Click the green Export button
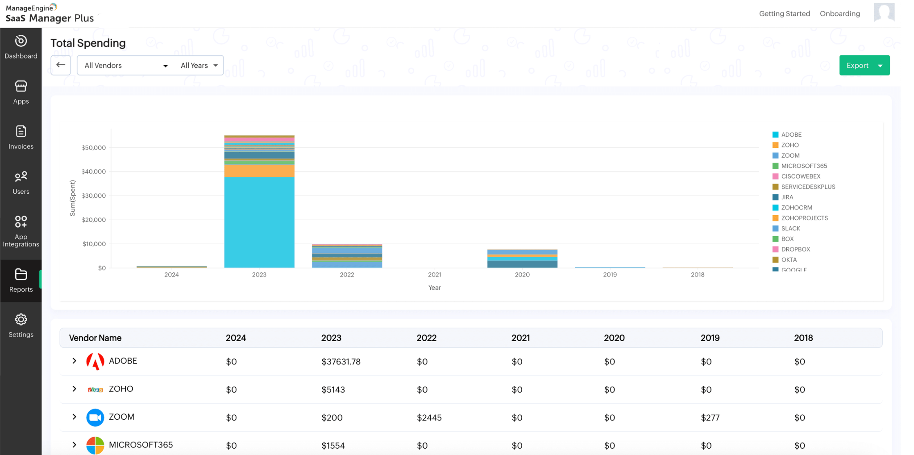(857, 66)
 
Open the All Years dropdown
(199, 66)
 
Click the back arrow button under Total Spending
(61, 65)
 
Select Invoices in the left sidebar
(21, 137)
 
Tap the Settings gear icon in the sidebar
(21, 320)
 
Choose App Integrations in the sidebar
(21, 231)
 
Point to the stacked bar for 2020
(522, 259)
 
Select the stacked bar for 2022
(347, 256)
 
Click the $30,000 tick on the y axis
(94, 196)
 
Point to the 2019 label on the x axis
(610, 275)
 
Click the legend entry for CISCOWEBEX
(801, 176)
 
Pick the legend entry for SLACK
(790, 229)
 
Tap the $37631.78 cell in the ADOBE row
(341, 362)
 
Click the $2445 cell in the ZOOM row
(429, 418)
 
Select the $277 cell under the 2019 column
(710, 418)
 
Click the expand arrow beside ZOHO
(75, 389)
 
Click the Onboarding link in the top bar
(839, 14)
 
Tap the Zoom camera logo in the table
(95, 417)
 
